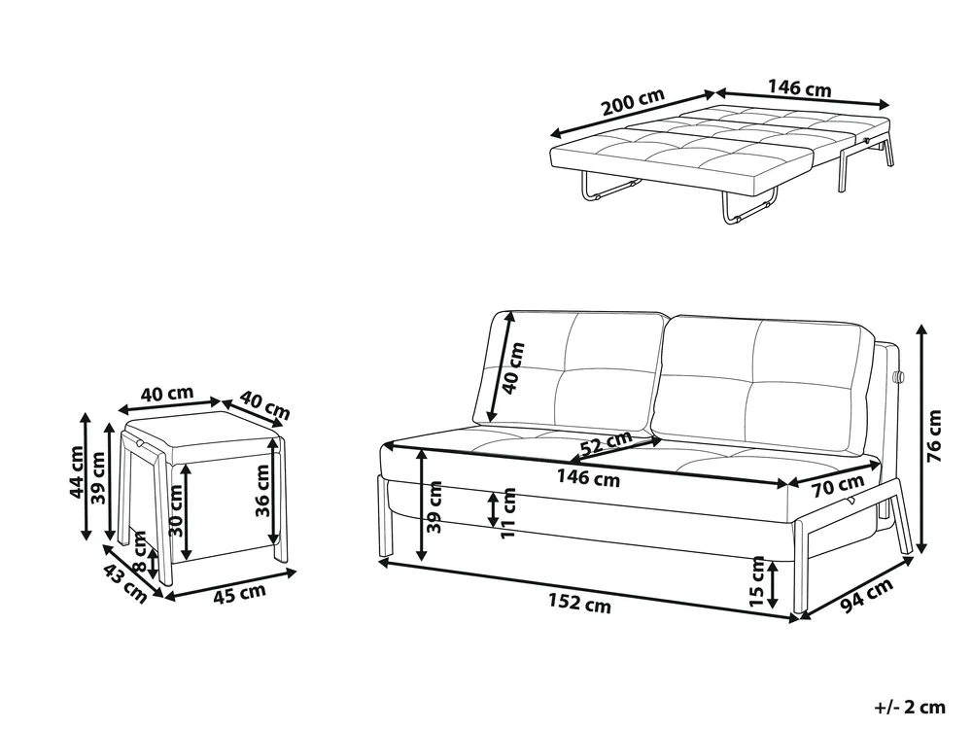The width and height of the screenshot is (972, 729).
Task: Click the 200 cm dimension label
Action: click(x=633, y=103)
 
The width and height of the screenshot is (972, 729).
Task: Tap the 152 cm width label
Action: click(x=579, y=603)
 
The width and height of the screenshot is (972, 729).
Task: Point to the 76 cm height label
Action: click(x=933, y=435)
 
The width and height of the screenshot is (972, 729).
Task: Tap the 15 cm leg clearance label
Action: click(x=757, y=581)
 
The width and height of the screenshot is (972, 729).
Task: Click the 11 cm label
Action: click(x=508, y=512)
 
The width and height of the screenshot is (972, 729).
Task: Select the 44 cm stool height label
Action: click(x=76, y=471)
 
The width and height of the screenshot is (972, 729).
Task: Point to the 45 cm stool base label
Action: click(x=240, y=593)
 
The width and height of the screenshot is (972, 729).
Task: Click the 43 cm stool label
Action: click(x=125, y=583)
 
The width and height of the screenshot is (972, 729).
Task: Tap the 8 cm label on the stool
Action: click(x=140, y=552)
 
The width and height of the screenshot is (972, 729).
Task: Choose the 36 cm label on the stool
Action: click(x=262, y=491)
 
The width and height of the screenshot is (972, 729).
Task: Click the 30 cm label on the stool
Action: click(x=176, y=510)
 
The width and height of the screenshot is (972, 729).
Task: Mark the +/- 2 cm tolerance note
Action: click(x=910, y=707)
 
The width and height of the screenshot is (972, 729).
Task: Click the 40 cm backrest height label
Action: click(x=514, y=368)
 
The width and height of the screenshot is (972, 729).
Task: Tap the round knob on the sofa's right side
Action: click(x=899, y=376)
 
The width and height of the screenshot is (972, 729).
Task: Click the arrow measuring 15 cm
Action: click(x=773, y=584)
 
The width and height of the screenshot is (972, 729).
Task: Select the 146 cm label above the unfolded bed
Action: click(x=800, y=87)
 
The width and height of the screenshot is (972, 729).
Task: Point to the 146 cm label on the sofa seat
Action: click(x=588, y=478)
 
